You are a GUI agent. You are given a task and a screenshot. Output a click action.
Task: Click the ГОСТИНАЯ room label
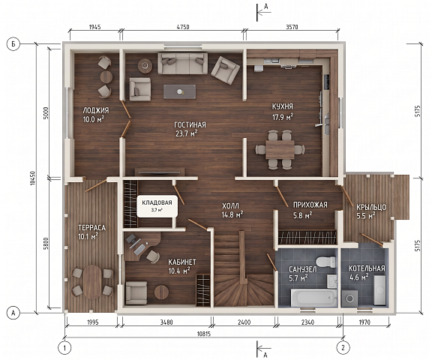point(190,124)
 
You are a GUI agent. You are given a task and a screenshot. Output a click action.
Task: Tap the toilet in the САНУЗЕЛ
point(325,262)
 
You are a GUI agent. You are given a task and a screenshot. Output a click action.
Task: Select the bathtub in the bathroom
point(313,298)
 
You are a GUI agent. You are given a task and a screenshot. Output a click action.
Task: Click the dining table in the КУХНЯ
point(280,149)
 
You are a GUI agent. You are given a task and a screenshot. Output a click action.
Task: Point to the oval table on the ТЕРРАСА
point(92,282)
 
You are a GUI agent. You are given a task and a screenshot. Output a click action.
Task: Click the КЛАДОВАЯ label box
point(157,206)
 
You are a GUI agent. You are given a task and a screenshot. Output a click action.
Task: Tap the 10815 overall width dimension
point(203,334)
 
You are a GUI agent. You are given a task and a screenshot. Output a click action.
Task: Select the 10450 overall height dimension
point(33,178)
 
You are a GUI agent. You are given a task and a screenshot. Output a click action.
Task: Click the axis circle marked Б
point(13,44)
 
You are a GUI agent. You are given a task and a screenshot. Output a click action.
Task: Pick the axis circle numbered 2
point(343,347)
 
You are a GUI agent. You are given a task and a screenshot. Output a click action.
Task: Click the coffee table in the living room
point(180,91)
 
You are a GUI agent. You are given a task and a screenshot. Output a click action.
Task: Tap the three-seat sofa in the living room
point(183,63)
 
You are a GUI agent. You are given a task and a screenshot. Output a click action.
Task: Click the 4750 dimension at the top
point(183,27)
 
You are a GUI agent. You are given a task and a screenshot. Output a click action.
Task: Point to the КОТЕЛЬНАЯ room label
point(367,268)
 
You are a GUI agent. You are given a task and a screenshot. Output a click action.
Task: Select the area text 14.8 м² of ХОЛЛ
point(232,214)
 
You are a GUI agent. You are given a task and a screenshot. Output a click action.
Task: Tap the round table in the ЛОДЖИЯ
point(106,76)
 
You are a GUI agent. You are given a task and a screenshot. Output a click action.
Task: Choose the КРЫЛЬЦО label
point(371,207)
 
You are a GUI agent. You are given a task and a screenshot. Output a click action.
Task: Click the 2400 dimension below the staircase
point(244,322)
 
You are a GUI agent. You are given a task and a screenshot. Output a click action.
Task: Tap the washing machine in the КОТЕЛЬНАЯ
point(350,298)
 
